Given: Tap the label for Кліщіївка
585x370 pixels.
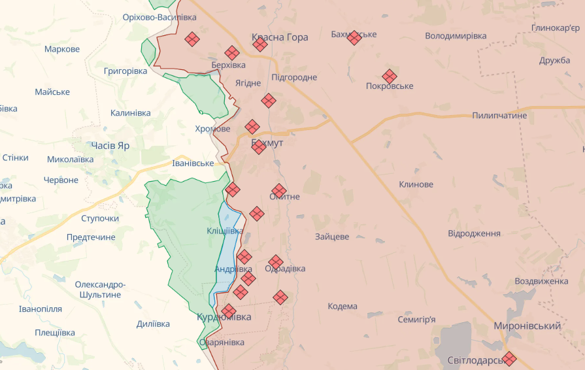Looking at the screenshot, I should click(x=226, y=231).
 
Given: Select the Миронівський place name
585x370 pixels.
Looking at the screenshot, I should click(x=527, y=326).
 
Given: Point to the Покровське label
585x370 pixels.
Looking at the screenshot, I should click(x=390, y=86).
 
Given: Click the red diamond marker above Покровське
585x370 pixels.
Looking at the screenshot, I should click(x=390, y=76).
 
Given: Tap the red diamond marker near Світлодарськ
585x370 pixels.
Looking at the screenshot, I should click(x=509, y=358).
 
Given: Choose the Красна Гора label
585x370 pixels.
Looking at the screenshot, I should click(x=280, y=37).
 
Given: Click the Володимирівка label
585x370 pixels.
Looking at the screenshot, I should click(x=456, y=36).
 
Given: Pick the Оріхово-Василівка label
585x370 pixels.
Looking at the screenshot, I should click(x=159, y=17).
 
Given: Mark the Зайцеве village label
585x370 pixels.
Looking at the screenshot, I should click(x=331, y=237).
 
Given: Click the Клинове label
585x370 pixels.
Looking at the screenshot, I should click(x=416, y=184).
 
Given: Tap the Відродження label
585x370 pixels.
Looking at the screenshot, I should click(x=474, y=233).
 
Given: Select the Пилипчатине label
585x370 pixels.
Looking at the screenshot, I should click(x=499, y=115).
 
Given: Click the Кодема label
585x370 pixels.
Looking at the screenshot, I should click(x=343, y=307).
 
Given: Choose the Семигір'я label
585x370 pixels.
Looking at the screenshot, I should click(x=416, y=320).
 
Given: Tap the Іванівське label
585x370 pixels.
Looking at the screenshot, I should click(x=193, y=163).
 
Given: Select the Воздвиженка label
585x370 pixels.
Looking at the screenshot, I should click(x=541, y=281).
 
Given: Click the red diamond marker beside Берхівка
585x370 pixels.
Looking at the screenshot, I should click(x=231, y=53).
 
